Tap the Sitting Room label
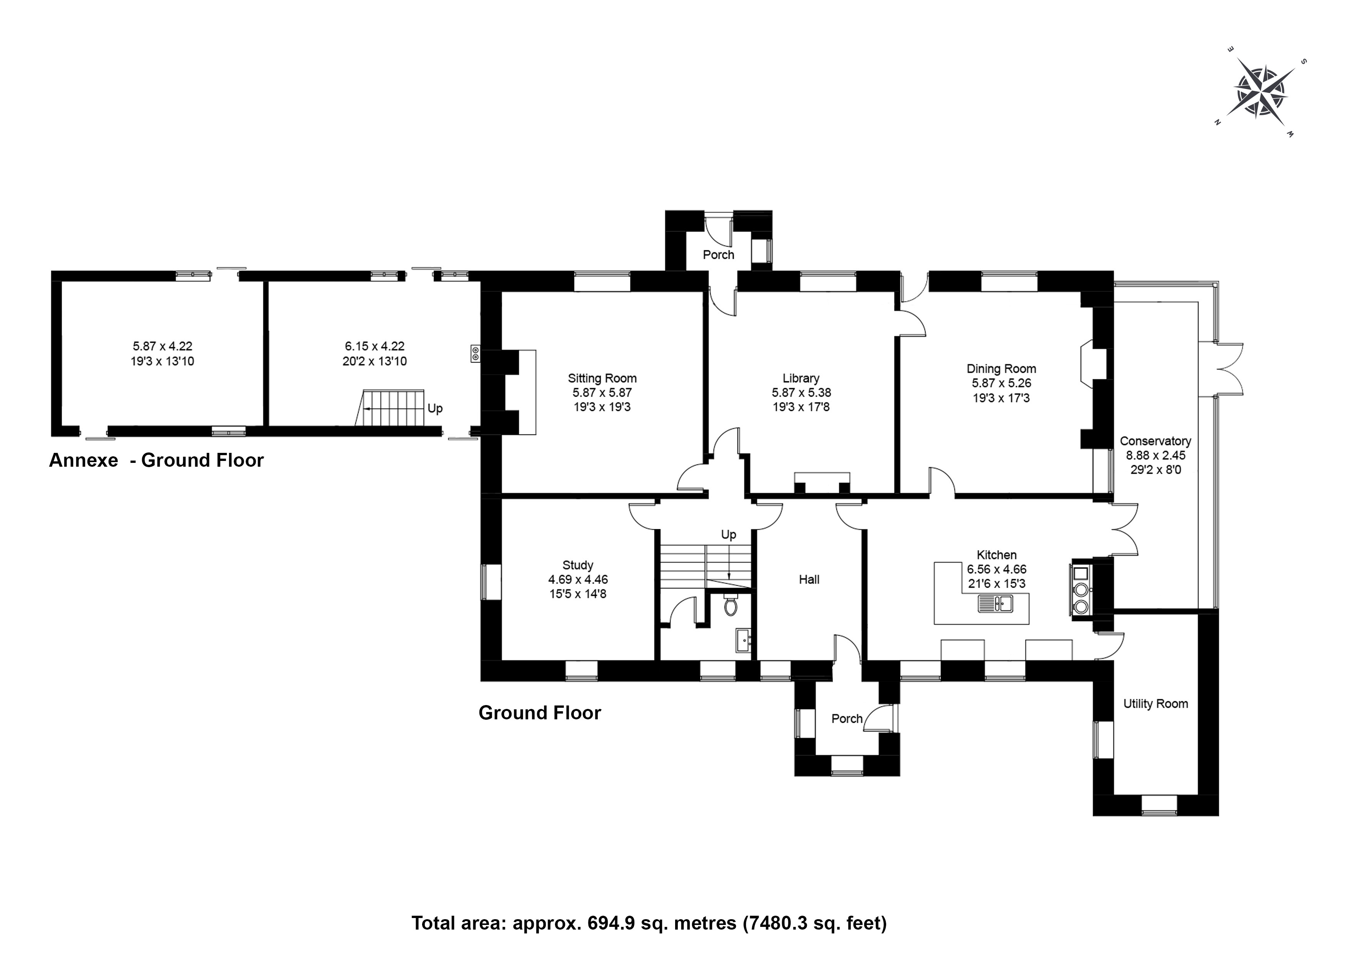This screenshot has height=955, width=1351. [x=602, y=379]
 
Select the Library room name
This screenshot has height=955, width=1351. [x=801, y=379]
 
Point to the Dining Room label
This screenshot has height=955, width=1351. [x=1001, y=369]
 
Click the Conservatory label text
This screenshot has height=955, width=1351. [x=1156, y=441]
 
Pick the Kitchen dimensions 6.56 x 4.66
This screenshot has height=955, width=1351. [x=997, y=569]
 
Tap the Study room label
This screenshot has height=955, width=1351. [x=578, y=565]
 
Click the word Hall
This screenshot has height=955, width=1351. [x=809, y=580]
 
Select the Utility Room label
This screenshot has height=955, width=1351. [x=1156, y=704]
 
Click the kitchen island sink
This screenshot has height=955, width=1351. [x=995, y=604]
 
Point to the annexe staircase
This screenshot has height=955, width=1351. [x=389, y=407]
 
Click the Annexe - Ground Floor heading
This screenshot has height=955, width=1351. [x=156, y=460]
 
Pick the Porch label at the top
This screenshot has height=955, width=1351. [x=719, y=255]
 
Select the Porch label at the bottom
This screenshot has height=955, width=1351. [x=847, y=719]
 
